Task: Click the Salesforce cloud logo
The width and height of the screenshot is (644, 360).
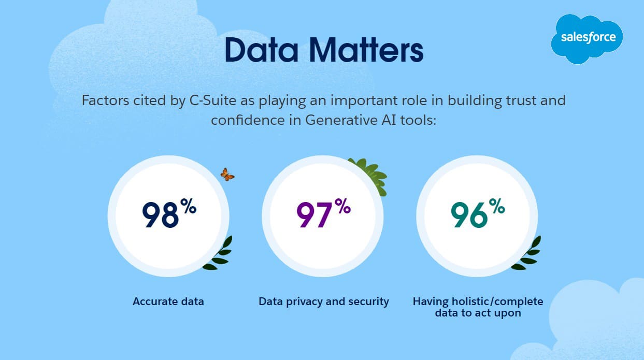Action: click(588, 38)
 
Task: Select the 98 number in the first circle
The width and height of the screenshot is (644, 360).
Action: click(160, 215)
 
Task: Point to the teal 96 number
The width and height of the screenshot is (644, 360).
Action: click(469, 215)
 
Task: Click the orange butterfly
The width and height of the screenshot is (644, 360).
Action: click(227, 174)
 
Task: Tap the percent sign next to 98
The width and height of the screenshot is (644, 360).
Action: click(188, 207)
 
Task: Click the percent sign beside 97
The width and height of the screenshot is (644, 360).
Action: click(342, 207)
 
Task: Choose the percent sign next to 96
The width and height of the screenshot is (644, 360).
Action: click(496, 207)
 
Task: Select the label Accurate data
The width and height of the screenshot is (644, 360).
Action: click(168, 301)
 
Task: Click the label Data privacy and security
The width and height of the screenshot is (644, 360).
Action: click(324, 301)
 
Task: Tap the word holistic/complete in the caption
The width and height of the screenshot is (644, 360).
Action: click(495, 301)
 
